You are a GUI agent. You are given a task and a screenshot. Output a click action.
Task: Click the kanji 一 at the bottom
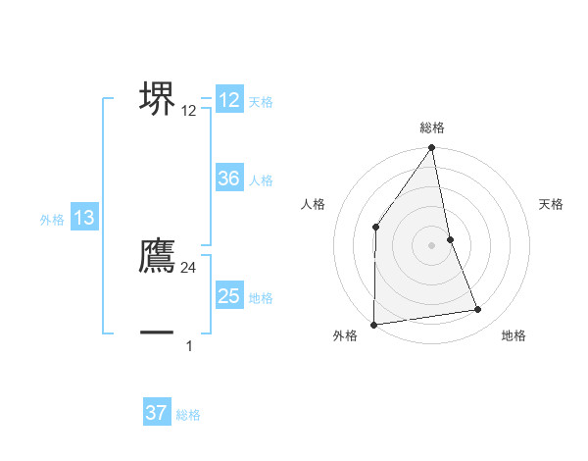[x=158, y=333]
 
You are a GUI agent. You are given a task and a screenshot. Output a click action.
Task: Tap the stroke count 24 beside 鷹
[x=189, y=267]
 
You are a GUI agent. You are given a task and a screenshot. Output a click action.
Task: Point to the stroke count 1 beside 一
[x=189, y=345]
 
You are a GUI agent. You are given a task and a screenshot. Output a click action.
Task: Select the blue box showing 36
[x=229, y=179]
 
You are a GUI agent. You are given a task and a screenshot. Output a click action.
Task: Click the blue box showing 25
[x=229, y=296]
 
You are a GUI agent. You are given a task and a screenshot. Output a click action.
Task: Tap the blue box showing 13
[x=84, y=219]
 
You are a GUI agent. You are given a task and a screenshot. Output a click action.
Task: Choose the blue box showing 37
[x=156, y=413]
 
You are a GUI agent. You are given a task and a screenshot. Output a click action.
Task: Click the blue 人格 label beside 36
[x=261, y=180]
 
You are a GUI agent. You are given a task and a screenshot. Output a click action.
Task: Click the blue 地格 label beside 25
[x=261, y=298]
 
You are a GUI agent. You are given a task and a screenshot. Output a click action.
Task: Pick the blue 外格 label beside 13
[x=52, y=221]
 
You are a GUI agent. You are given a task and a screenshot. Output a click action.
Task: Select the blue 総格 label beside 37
[x=188, y=415]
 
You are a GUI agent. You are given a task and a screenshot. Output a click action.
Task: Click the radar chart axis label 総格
[x=432, y=128]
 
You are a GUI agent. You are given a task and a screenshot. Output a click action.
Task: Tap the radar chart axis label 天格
[x=552, y=204]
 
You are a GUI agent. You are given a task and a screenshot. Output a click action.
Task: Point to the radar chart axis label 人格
[x=313, y=204]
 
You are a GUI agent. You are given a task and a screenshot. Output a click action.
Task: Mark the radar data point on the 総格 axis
[x=432, y=148]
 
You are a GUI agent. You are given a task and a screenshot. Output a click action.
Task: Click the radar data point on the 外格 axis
[x=373, y=324]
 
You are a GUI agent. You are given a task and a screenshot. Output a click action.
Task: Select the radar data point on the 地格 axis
[x=478, y=310]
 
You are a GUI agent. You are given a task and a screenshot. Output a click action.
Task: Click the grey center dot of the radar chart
[x=432, y=244]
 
